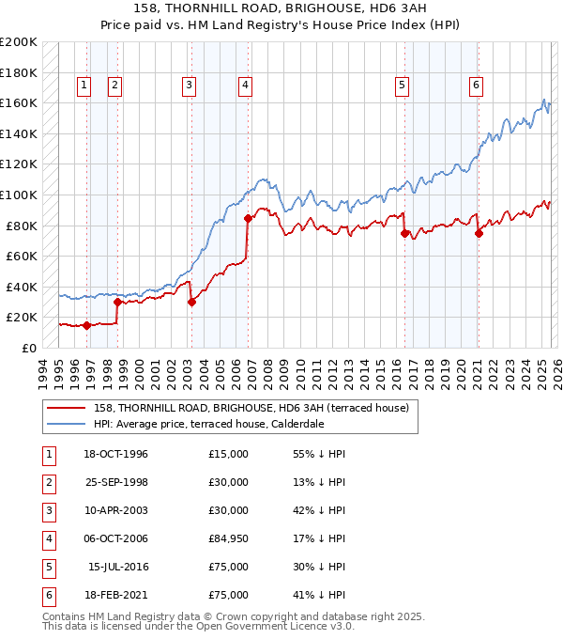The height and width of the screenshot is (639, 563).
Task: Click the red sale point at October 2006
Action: (248, 218)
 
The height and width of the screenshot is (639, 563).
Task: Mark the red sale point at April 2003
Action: (191, 302)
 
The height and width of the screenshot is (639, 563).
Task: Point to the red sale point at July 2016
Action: (405, 233)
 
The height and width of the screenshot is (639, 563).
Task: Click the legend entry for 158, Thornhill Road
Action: (251, 408)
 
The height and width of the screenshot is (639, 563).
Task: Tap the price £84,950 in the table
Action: (229, 538)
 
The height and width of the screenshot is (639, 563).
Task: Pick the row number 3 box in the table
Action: (47, 510)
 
